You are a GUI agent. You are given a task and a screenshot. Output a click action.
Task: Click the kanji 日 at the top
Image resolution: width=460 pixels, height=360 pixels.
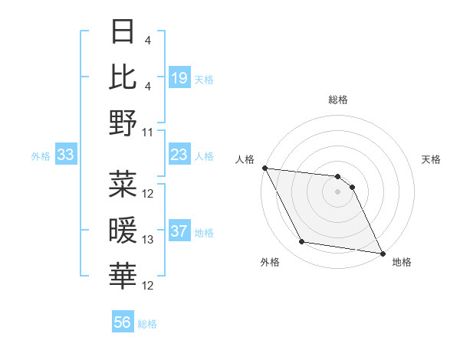coord(123,32)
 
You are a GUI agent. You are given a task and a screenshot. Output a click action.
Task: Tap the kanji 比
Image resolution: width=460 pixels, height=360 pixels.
coord(123,77)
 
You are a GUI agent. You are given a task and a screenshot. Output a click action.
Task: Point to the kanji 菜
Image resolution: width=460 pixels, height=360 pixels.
coord(123,183)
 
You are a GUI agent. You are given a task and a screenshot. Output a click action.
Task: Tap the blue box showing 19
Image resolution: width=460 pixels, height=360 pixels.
coord(179,77)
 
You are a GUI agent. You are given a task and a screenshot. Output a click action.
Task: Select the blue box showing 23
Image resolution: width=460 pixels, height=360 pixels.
coord(179,155)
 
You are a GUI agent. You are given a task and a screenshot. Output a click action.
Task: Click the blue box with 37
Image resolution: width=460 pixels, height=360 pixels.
coord(179,232)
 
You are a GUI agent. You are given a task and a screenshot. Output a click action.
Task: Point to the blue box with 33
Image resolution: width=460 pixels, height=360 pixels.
coord(66,155)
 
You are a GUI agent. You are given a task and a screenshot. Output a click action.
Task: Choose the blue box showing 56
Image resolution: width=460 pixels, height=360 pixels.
coord(123,322)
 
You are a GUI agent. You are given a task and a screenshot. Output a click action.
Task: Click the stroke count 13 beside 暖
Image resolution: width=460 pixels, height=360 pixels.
coord(148,240)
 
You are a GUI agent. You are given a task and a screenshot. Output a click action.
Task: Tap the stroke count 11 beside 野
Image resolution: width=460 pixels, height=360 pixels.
coord(148,132)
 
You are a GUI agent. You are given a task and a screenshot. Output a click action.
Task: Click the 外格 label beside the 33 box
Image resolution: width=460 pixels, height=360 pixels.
coord(41,156)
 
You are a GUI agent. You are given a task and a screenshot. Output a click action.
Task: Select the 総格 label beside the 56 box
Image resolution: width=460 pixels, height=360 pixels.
coord(147,323)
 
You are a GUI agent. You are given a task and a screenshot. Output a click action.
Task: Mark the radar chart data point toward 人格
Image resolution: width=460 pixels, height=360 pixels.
coord(264,168)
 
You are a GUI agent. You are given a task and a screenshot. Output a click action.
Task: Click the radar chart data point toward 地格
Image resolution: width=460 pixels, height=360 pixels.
coord(383,253)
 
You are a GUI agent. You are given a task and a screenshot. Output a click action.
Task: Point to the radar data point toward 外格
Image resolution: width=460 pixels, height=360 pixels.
coord(302,242)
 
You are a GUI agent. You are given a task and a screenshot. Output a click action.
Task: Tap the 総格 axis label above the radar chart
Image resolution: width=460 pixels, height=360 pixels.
coord(338,100)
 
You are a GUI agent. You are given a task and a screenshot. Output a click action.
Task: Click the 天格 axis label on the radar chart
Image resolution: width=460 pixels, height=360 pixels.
coord(432,159)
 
